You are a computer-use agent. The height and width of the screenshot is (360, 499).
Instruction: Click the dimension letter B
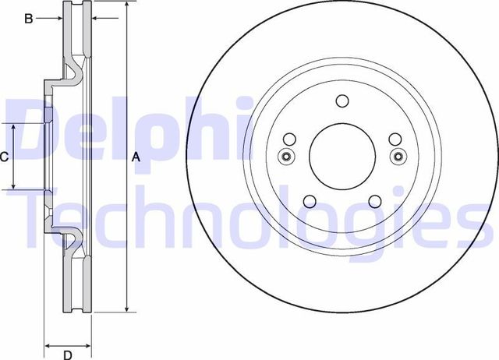[28, 19]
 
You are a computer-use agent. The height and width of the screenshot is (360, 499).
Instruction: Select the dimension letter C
[4, 157]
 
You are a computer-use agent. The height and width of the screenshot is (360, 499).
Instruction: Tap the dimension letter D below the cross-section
[68, 356]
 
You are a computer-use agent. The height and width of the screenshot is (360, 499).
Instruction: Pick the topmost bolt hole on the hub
[342, 101]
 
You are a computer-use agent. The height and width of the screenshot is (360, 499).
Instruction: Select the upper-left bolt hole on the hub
[288, 139]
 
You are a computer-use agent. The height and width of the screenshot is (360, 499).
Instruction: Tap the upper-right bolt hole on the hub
[395, 139]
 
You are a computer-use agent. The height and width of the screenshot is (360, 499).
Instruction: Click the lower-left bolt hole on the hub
[309, 200]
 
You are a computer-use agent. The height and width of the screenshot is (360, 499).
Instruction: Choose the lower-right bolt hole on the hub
[374, 200]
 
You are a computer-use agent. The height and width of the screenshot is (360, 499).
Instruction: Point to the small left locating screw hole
[286, 157]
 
